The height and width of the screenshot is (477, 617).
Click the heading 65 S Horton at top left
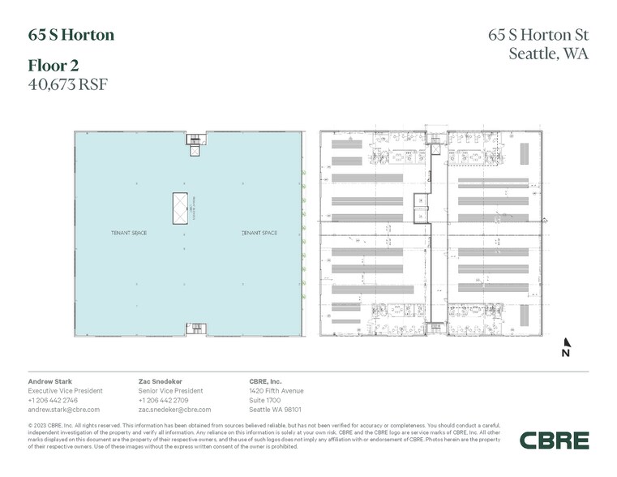[x=71, y=35]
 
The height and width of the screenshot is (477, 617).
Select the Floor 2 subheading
[x=55, y=65]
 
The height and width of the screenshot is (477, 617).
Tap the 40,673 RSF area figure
[x=68, y=83]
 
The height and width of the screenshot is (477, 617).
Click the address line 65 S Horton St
[x=538, y=35]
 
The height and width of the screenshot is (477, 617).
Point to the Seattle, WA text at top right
[x=548, y=54]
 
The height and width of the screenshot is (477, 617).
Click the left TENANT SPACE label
[x=129, y=234]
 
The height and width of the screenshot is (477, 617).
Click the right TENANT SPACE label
[x=259, y=234]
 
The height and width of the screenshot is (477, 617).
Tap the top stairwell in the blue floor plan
[x=195, y=144]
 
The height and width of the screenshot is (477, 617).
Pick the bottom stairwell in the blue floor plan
[x=195, y=328]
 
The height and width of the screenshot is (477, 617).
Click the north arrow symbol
[x=565, y=347]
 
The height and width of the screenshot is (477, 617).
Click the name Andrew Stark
[x=50, y=380]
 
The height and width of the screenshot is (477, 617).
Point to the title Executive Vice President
[x=66, y=390]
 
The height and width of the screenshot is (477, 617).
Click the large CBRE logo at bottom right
[x=555, y=440]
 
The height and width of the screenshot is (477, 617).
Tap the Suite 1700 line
[x=264, y=400]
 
